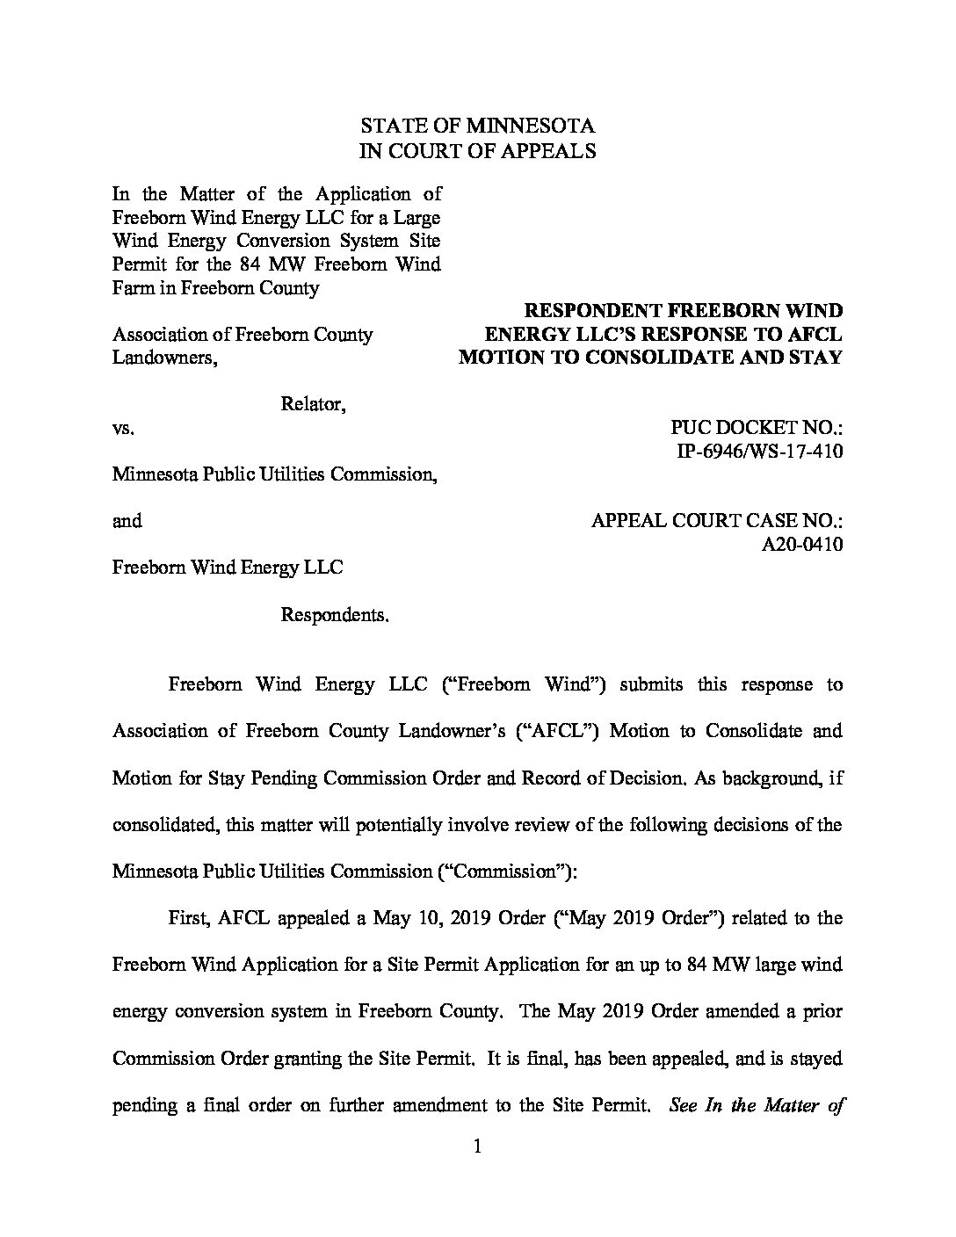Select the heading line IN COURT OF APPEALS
tap(479, 150)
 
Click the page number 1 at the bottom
tap(478, 1147)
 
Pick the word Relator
tap(312, 404)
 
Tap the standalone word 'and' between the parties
tap(127, 521)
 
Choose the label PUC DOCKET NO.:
tap(757, 428)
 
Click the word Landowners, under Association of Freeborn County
tap(164, 358)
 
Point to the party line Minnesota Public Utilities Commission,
tap(274, 474)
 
